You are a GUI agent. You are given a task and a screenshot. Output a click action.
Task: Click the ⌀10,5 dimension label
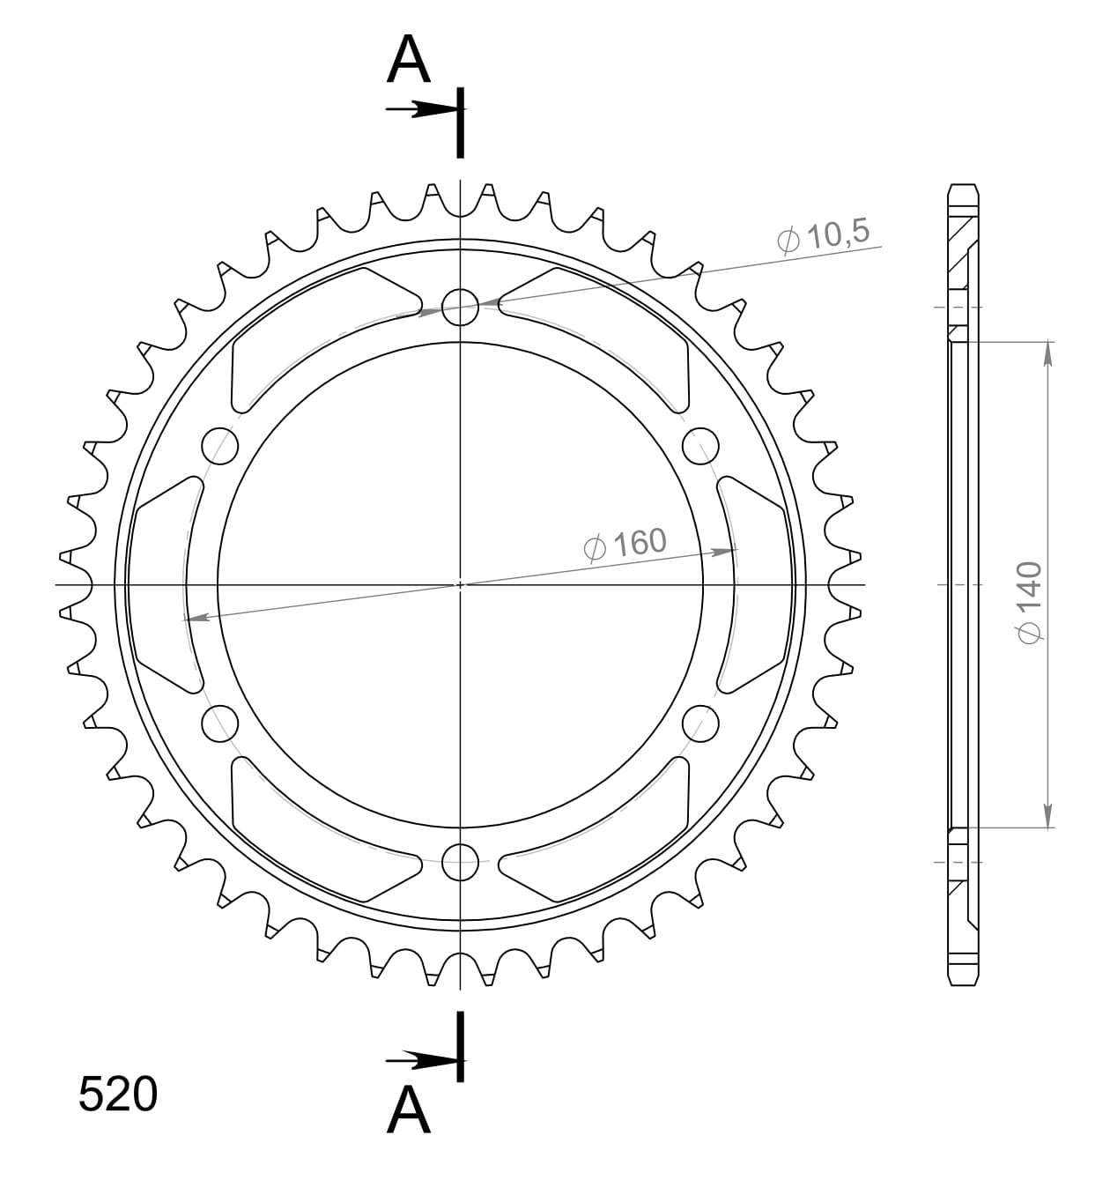(824, 236)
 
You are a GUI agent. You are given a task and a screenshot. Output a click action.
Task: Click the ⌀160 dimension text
(626, 545)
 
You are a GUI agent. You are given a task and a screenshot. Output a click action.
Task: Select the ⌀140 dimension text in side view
(1031, 601)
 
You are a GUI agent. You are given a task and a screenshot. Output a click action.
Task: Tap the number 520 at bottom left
(118, 1095)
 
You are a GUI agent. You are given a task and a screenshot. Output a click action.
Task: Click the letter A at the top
(409, 61)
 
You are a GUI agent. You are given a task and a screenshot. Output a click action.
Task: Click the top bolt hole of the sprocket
(460, 307)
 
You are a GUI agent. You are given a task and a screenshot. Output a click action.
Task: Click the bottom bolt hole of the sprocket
(460, 862)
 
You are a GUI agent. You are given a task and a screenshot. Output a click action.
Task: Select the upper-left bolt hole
(220, 446)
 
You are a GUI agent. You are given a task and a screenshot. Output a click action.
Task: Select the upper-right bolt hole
(700, 446)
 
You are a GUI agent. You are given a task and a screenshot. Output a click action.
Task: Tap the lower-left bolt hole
(220, 724)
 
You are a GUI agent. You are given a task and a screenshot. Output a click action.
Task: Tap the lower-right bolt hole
(700, 724)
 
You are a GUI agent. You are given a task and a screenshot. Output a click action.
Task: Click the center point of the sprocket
(460, 584)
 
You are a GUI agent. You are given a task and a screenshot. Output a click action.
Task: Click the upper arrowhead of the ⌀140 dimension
(1047, 353)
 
